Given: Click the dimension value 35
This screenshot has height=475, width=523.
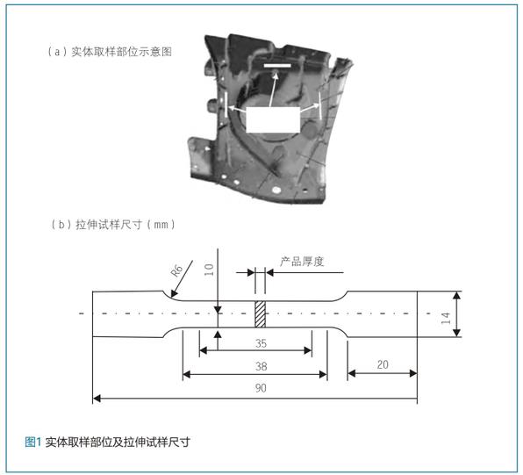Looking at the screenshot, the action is (261, 343).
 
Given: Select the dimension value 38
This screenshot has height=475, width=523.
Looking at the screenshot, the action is (261, 366).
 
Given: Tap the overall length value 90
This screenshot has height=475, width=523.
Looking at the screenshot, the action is (261, 388).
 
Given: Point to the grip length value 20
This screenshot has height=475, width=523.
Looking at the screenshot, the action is (383, 364).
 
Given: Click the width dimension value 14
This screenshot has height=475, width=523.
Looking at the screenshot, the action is (446, 318).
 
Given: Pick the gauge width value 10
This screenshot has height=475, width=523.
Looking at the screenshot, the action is (209, 270).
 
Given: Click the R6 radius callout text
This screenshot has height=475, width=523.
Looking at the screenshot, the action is (176, 270).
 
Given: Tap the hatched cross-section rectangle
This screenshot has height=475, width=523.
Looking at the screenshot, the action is (260, 314).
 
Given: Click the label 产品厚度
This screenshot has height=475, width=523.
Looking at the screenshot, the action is (302, 262).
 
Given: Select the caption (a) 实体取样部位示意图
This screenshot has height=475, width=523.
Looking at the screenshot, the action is (110, 52).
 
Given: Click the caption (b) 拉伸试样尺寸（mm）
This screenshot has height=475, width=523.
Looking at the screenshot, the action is (113, 224).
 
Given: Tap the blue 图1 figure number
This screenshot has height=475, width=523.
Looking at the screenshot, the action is (32, 442).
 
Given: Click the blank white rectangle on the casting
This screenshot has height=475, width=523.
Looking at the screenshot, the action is (273, 119).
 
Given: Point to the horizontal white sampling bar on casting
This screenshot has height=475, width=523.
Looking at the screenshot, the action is (277, 66).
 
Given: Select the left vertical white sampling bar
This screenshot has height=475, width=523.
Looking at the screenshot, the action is (226, 104).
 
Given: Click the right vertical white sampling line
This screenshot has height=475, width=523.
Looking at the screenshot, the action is (320, 105).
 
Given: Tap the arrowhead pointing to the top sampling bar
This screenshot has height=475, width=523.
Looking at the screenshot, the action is (276, 75).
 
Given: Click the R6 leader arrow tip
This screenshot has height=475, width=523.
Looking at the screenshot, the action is (171, 296).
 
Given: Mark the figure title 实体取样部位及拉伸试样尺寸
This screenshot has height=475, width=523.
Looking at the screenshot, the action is (118, 442).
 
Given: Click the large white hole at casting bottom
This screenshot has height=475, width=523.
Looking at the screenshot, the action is (276, 190).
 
